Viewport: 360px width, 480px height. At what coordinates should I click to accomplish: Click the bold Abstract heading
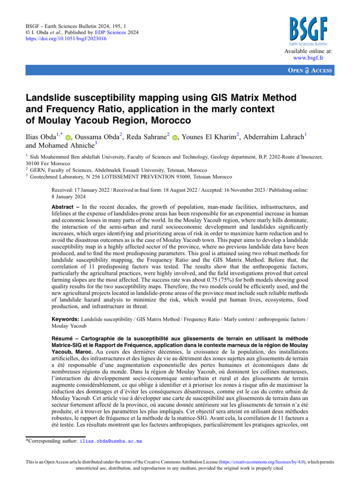pos(63,206)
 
